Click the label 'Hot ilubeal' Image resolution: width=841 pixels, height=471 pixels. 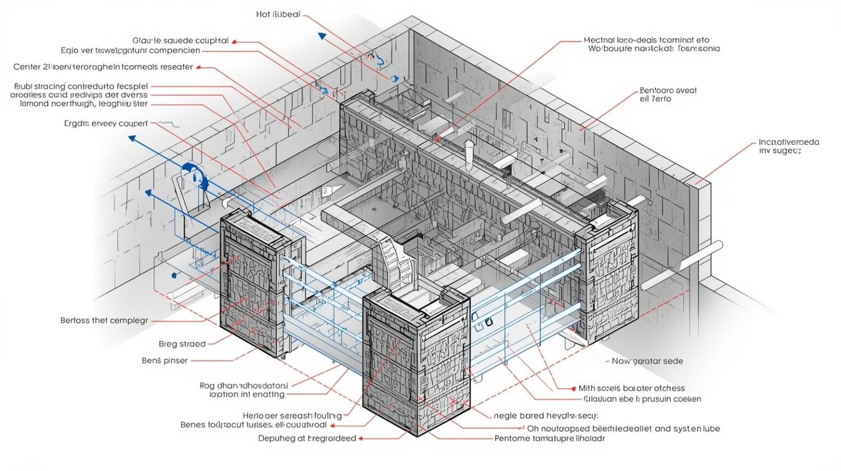[x=278, y=14]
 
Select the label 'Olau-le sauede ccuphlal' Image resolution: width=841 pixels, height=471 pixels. [x=180, y=41]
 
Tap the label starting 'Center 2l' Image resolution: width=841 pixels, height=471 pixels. [x=103, y=67]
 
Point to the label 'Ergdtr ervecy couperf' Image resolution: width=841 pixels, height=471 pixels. [x=106, y=123]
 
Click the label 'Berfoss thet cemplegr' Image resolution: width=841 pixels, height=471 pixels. [x=104, y=320]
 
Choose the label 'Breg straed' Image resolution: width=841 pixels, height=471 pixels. [x=182, y=344]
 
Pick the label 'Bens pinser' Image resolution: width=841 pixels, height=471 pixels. [x=164, y=360]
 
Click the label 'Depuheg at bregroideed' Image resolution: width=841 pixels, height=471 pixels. [x=307, y=438]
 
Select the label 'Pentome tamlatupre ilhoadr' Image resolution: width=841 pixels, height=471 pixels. [x=550, y=438]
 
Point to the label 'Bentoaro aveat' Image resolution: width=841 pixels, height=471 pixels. [x=668, y=90]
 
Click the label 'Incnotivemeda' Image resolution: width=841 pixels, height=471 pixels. [x=788, y=142]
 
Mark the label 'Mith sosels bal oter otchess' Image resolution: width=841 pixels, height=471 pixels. [x=631, y=388]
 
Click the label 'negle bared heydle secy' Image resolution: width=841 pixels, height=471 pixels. [x=545, y=416]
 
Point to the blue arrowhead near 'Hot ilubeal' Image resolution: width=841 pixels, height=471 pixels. [x=322, y=36]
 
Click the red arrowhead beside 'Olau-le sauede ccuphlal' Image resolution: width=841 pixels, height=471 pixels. [x=234, y=41]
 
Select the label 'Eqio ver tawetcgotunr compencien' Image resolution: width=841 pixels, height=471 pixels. [x=130, y=50]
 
